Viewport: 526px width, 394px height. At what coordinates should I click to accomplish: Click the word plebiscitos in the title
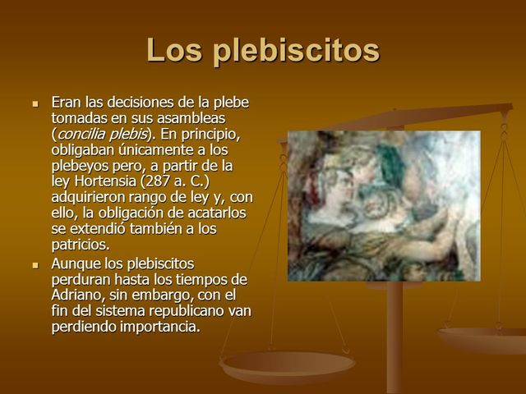point(296,51)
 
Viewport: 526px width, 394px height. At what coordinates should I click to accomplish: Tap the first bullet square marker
point(35,104)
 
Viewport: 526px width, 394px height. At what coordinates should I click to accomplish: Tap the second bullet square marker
point(35,265)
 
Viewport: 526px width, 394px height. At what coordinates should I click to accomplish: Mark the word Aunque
point(76,264)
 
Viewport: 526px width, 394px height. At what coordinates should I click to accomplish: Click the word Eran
point(67,103)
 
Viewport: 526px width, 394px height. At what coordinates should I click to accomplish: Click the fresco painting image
point(383,205)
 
